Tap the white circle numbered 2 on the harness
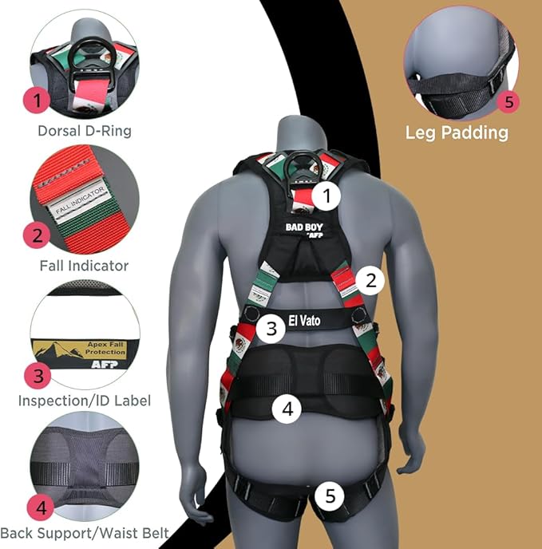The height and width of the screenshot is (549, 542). point(370,280)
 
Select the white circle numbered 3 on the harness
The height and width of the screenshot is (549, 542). point(271,327)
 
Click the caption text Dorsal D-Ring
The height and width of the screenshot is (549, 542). point(85,129)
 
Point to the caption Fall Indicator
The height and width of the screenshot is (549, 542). point(85,265)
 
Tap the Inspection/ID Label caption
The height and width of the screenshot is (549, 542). point(85,400)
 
